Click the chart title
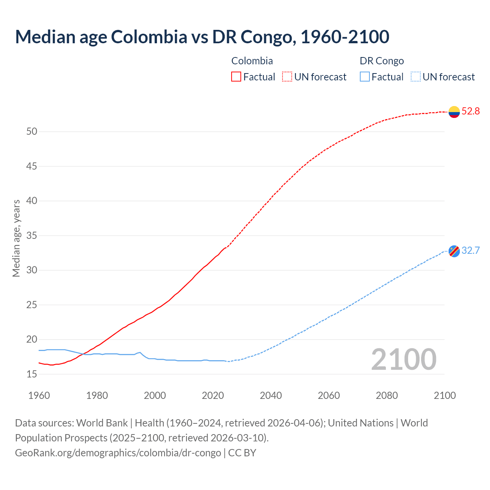(x=202, y=37)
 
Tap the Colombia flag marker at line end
(x=454, y=112)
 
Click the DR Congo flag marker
(x=454, y=251)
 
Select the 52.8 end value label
(x=470, y=111)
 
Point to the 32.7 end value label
(x=470, y=251)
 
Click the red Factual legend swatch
(x=236, y=77)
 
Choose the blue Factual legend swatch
(x=364, y=77)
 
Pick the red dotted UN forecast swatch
(x=287, y=77)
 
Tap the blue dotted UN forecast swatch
(x=415, y=77)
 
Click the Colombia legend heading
(x=252, y=61)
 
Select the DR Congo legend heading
(x=382, y=61)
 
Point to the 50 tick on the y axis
(x=32, y=132)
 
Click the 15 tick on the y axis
(x=32, y=374)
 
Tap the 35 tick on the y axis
(x=32, y=236)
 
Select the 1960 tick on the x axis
(x=39, y=395)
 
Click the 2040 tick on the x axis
(x=271, y=395)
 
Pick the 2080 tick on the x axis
(x=387, y=395)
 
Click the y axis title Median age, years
(x=16, y=238)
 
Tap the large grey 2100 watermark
(x=403, y=359)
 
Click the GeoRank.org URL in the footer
(x=118, y=453)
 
